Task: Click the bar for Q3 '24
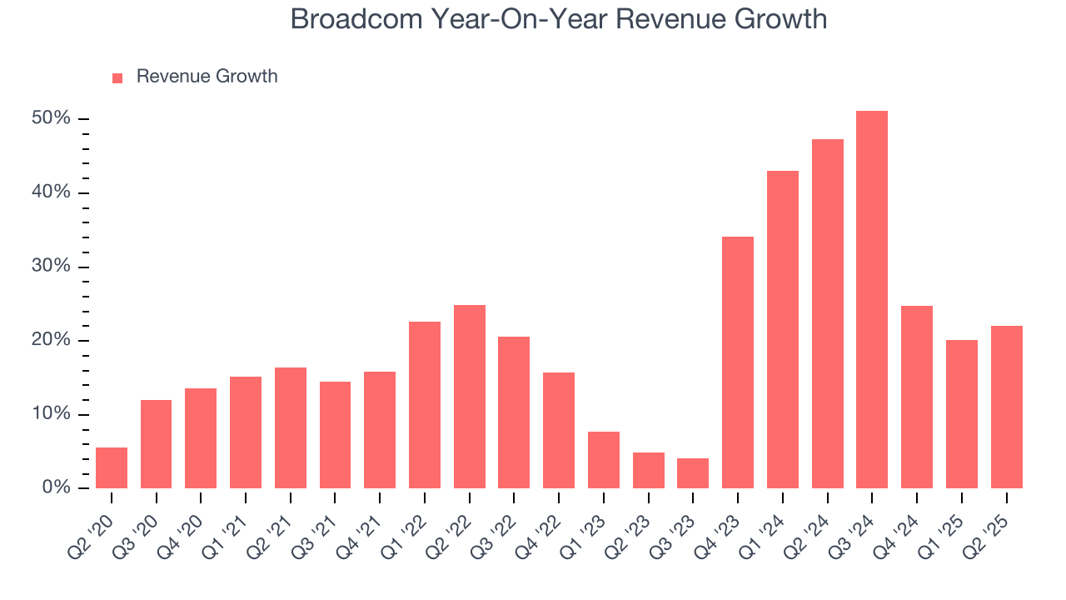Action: (x=872, y=300)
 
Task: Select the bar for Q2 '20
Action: (x=112, y=468)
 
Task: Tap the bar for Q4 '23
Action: (x=738, y=362)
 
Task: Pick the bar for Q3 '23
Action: (x=693, y=473)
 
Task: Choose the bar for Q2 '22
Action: (x=470, y=397)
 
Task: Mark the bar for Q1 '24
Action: (x=783, y=330)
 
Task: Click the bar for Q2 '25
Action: (x=1006, y=407)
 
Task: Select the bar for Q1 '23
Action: (x=604, y=460)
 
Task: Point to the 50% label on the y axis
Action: (x=51, y=119)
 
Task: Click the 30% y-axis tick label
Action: (x=51, y=267)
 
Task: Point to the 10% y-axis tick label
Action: (x=51, y=414)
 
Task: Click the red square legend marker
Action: (x=117, y=77)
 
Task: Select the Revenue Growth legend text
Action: (x=207, y=77)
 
